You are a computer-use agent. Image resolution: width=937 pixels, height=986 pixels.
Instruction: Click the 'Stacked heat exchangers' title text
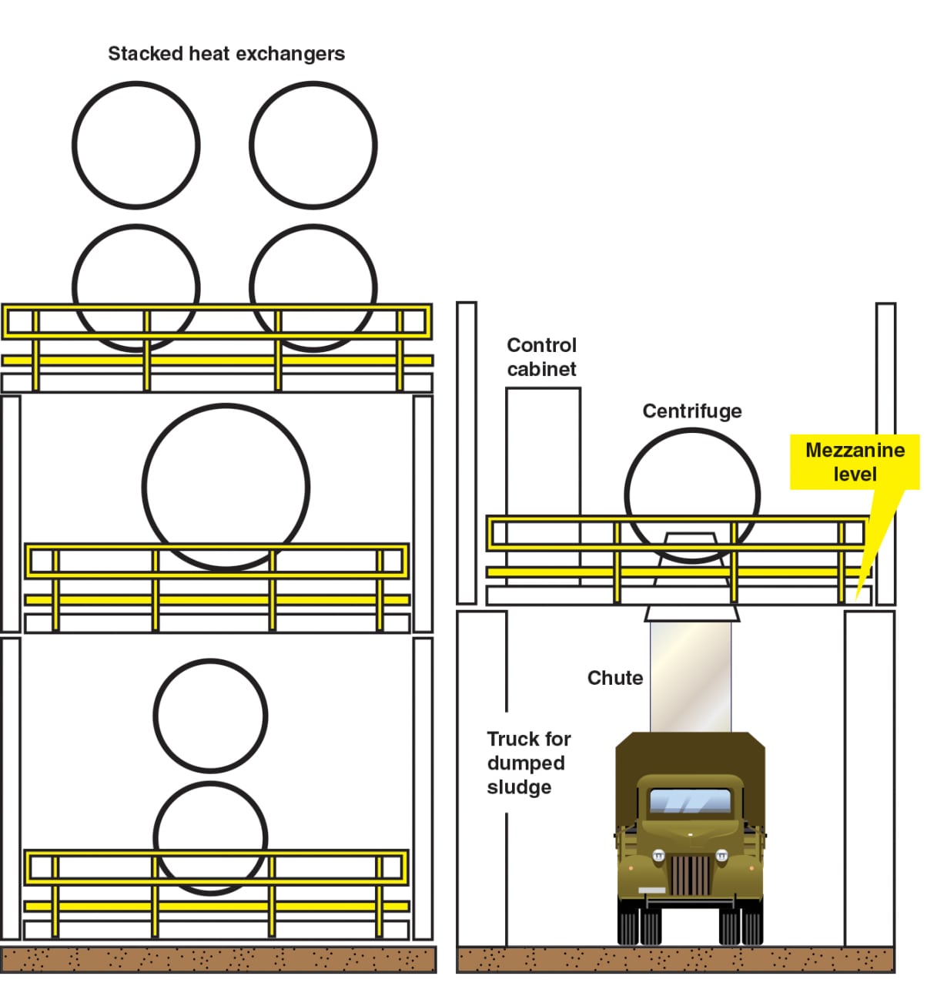(x=226, y=54)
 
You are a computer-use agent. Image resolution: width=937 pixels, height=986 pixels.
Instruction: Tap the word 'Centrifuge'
(x=692, y=411)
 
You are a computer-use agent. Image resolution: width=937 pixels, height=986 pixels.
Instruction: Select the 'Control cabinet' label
(x=541, y=357)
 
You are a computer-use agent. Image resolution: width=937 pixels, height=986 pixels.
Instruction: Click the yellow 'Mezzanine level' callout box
(x=855, y=462)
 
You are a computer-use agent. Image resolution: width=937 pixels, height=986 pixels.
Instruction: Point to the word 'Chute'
(x=615, y=678)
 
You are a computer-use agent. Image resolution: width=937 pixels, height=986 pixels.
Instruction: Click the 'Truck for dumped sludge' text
(x=528, y=763)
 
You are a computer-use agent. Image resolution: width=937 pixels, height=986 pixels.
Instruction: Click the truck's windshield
(x=690, y=801)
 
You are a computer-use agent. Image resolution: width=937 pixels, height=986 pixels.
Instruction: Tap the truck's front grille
(x=691, y=875)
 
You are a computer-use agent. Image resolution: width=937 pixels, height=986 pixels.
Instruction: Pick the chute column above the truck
(x=691, y=677)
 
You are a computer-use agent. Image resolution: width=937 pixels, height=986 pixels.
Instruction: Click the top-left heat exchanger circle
(x=74, y=146)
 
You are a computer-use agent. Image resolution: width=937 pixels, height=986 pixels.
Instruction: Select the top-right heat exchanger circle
(x=252, y=146)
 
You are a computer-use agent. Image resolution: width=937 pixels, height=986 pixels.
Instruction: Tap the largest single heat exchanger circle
(x=145, y=488)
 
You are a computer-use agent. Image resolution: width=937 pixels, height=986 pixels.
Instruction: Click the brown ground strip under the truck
(x=675, y=959)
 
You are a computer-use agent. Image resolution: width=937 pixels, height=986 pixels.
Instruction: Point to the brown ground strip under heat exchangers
(x=218, y=959)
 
